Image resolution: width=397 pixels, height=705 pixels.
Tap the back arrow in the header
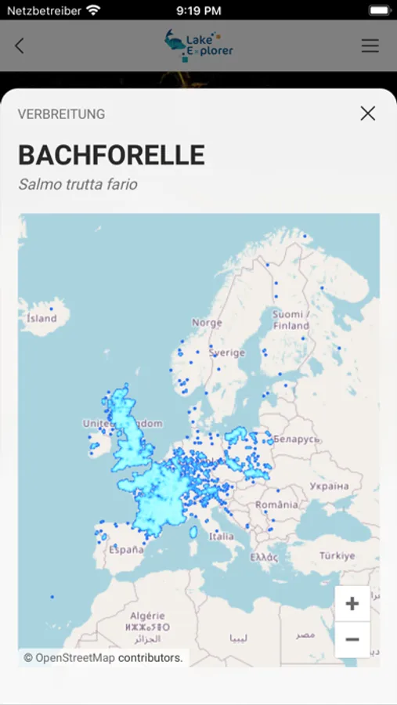[x=20, y=46]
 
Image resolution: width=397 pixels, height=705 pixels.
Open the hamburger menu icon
[x=370, y=46]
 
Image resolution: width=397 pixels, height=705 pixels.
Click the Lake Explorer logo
[x=199, y=45]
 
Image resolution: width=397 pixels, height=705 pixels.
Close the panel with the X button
[x=367, y=114]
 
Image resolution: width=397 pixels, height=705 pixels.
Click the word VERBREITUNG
[x=61, y=114]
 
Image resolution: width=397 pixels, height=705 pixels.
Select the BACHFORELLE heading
[x=111, y=155]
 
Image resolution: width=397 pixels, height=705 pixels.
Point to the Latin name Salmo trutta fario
[x=78, y=185]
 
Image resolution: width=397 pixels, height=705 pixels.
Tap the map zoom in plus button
[x=352, y=604]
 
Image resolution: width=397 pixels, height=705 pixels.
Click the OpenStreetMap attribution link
[x=75, y=658]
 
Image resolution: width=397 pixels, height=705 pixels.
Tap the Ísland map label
[x=42, y=318]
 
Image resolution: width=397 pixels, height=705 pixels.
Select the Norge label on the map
[x=207, y=323]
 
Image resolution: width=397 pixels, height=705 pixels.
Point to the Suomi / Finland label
[x=291, y=320]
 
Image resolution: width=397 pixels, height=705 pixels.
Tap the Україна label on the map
[x=328, y=486]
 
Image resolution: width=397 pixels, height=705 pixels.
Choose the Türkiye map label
[x=337, y=555]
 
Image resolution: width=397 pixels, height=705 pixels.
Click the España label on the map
[x=125, y=550]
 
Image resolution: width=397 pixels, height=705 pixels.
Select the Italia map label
[x=221, y=537]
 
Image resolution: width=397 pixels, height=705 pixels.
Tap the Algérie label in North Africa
[x=148, y=616]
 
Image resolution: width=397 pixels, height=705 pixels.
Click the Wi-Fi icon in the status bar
[x=94, y=11]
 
